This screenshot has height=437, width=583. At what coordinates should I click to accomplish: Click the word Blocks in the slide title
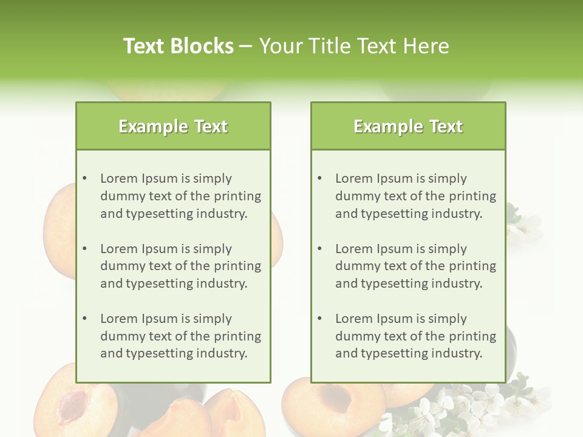[203, 46]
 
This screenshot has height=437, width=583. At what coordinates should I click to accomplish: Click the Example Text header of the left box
[173, 126]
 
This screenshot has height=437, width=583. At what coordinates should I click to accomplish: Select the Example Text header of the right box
[408, 126]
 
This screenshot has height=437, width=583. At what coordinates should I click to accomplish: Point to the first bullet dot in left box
[84, 178]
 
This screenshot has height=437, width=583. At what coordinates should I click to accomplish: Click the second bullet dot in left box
[84, 249]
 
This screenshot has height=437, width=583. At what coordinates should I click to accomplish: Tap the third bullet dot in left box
[84, 319]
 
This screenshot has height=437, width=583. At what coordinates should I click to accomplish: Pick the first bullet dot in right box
[319, 178]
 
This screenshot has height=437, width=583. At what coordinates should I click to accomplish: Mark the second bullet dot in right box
[319, 249]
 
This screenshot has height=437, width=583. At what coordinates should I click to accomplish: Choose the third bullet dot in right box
[319, 319]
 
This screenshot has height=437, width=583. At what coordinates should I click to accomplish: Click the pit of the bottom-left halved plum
[72, 404]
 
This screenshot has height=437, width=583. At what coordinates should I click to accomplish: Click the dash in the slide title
[246, 46]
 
